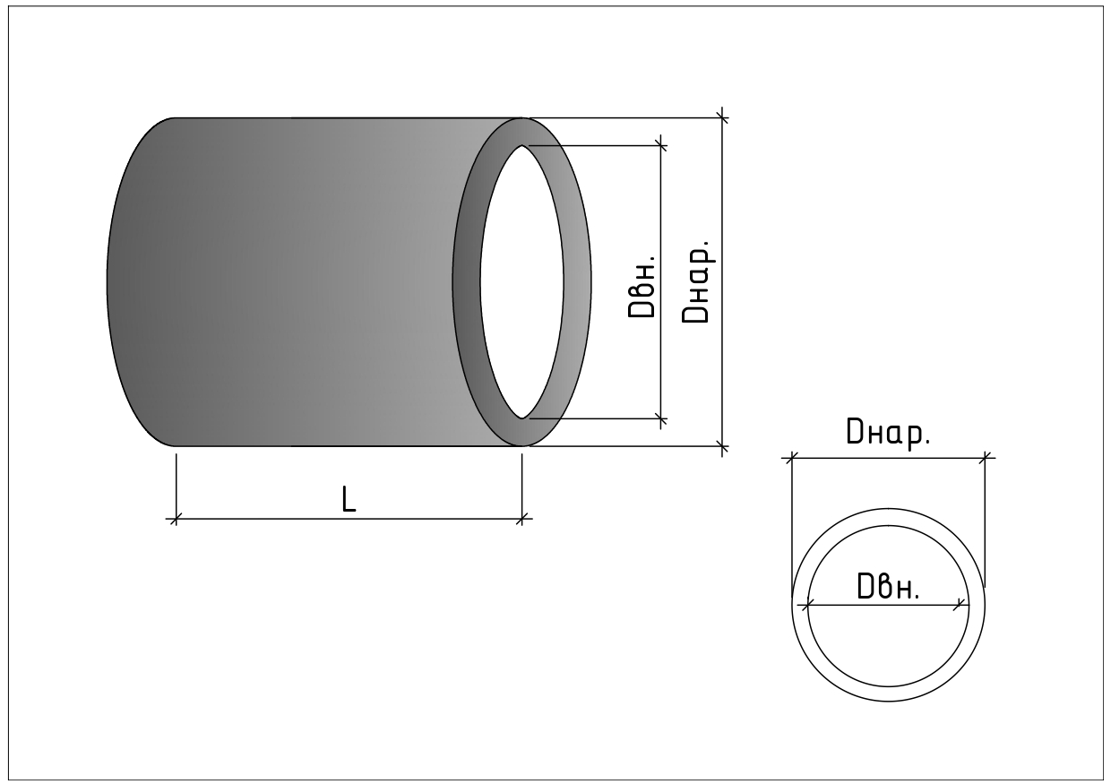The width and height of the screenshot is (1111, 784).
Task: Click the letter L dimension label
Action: click(349, 498)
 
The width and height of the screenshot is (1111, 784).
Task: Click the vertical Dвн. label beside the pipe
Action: click(642, 287)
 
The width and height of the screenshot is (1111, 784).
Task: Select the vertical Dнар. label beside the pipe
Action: click(696, 281)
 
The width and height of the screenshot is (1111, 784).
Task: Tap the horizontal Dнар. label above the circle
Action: click(888, 434)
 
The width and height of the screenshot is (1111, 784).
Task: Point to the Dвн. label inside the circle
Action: click(888, 586)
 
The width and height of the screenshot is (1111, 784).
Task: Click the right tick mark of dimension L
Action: click(521, 519)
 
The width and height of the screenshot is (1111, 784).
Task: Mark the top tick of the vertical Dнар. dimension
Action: click(723, 118)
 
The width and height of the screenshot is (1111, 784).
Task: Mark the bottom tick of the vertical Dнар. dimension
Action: click(723, 446)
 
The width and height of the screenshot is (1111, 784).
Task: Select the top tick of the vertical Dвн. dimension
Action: click(660, 146)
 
